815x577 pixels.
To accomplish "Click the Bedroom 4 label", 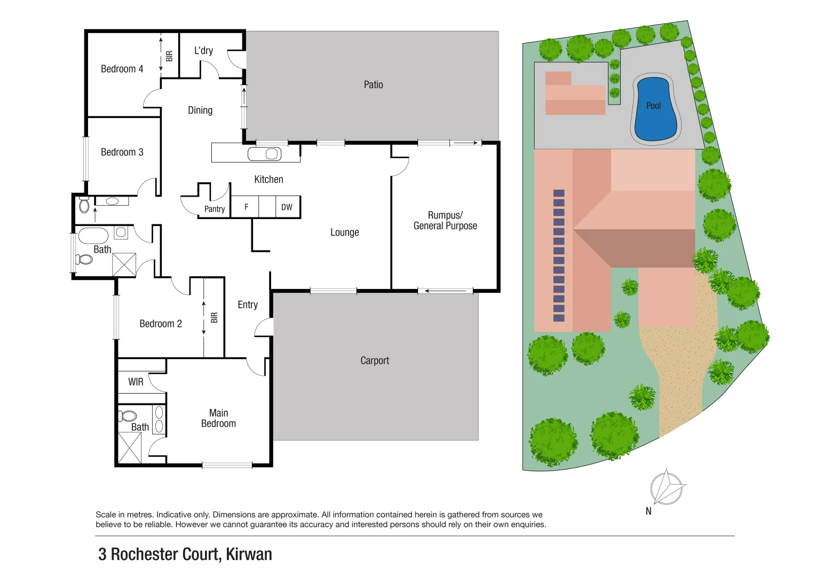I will click(122, 69).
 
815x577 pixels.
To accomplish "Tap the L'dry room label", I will click(203, 51).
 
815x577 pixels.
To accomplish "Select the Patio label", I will click(373, 84).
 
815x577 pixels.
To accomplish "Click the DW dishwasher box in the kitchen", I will click(287, 207).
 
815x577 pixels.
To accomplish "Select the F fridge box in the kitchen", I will click(246, 207).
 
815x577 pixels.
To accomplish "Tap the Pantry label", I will click(215, 209).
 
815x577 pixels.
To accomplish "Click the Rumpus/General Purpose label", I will click(445, 220).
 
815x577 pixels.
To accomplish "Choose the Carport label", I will click(375, 361).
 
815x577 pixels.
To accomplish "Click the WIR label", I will click(136, 382).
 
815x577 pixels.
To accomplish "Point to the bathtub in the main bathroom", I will click(94, 236).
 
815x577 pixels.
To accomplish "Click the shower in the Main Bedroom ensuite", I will click(130, 448).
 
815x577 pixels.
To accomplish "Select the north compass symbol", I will click(666, 488).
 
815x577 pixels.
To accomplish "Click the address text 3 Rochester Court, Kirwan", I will click(185, 555).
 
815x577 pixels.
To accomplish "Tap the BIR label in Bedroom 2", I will click(214, 318).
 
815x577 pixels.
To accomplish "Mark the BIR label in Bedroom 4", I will click(169, 56).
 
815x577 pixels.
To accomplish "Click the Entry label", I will click(248, 305).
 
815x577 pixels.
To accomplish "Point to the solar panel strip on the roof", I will click(559, 255).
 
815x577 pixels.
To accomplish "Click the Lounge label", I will click(344, 232).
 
